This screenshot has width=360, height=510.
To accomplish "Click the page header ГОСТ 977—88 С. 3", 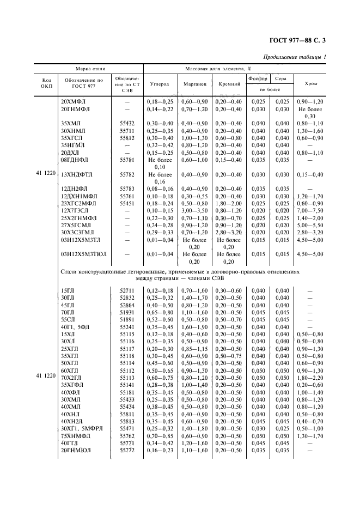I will [301, 40].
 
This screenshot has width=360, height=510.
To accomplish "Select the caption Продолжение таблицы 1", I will [295, 57].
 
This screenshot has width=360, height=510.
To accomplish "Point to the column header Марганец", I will [194, 84].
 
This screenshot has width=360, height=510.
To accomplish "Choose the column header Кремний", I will [229, 84].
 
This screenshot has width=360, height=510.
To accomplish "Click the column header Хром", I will [311, 84].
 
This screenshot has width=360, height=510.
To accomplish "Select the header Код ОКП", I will [47, 84].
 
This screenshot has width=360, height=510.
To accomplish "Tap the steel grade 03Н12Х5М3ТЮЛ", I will [84, 254].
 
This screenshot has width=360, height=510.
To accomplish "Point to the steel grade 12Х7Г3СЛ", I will [75, 210].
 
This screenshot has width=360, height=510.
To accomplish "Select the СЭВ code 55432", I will [127, 124].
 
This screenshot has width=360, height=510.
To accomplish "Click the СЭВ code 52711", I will [127, 291].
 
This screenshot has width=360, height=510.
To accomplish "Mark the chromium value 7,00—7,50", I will [311, 210].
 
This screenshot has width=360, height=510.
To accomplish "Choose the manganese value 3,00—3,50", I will [194, 210].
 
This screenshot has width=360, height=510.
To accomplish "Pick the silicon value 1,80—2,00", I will [229, 203].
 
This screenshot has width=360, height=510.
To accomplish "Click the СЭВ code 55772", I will [127, 451].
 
